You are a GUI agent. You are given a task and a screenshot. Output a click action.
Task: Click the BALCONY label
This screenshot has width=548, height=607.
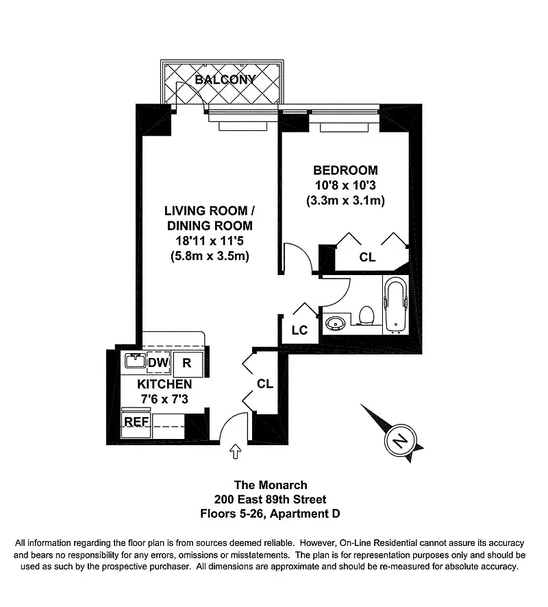point(225,80)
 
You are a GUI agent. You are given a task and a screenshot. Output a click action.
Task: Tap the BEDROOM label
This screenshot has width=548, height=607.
point(345,171)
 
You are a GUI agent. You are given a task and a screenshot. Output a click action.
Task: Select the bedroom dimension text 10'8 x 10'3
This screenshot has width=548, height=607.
point(345,186)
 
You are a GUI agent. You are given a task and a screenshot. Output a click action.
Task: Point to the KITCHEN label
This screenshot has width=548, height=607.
point(164,384)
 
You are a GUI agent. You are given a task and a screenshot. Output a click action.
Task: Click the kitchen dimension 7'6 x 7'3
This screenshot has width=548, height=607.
point(164,398)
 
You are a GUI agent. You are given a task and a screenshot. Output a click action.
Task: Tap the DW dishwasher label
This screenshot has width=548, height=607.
point(157,362)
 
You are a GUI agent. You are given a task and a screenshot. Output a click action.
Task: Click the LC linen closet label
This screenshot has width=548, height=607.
point(299,330)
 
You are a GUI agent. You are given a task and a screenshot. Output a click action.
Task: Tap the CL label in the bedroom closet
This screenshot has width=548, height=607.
point(368,257)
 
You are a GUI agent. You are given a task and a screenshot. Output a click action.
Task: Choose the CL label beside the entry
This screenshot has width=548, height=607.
point(265,384)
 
